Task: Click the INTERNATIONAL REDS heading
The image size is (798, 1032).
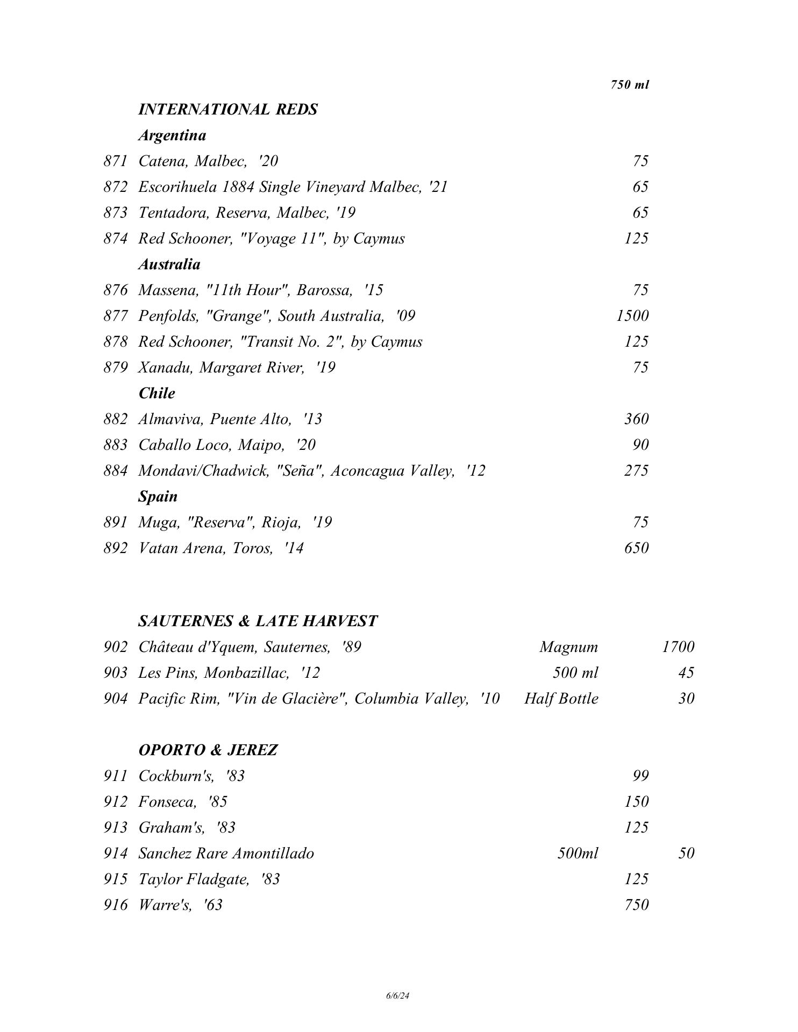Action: click(x=227, y=109)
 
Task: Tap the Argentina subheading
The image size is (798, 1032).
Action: click(x=172, y=135)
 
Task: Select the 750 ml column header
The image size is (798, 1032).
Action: click(x=630, y=84)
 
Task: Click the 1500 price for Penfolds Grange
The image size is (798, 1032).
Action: click(x=632, y=316)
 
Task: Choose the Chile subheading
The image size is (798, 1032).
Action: click(x=156, y=393)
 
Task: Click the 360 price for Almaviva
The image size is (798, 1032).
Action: click(x=636, y=419)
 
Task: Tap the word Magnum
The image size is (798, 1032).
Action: click(x=568, y=647)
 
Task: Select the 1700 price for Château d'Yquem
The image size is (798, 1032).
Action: click(x=678, y=647)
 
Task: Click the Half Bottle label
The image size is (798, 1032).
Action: click(x=561, y=698)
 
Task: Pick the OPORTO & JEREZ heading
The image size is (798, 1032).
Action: click(x=208, y=750)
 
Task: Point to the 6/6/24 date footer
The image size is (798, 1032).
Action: click(x=398, y=995)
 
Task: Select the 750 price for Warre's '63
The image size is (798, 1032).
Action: click(x=637, y=905)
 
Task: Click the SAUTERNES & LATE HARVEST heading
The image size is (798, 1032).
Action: click(x=258, y=621)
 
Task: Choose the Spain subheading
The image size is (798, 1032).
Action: click(x=158, y=496)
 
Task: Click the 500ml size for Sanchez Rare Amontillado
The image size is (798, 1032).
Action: click(x=578, y=853)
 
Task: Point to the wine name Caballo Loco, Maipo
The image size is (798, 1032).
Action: click(x=227, y=445)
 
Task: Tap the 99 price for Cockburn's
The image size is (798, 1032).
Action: click(x=640, y=776)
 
